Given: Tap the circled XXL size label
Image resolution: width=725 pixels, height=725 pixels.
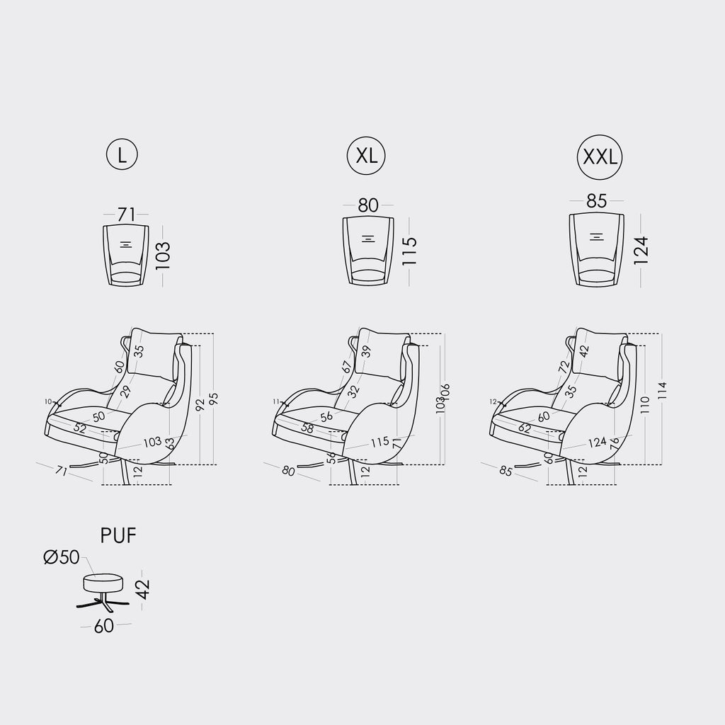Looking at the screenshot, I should pyautogui.click(x=600, y=156).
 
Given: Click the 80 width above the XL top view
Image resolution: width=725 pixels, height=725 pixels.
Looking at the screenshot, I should pyautogui.click(x=368, y=205).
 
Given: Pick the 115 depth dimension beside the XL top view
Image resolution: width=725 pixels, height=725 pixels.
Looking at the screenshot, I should pyautogui.click(x=409, y=251).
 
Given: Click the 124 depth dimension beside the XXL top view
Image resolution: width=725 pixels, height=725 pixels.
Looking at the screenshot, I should pyautogui.click(x=641, y=250).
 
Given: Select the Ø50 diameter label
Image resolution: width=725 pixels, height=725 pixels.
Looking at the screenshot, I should pyautogui.click(x=61, y=558).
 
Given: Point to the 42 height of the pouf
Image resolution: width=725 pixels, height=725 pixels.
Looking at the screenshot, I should pyautogui.click(x=143, y=588).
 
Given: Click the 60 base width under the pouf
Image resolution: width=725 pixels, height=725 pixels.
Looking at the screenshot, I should pyautogui.click(x=104, y=626).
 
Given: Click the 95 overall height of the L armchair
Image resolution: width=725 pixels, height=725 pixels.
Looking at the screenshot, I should pyautogui.click(x=213, y=399).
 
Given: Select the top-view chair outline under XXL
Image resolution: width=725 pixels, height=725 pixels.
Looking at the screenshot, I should pyautogui.click(x=597, y=249).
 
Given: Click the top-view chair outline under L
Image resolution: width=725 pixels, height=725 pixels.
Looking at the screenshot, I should pyautogui.click(x=126, y=254).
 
